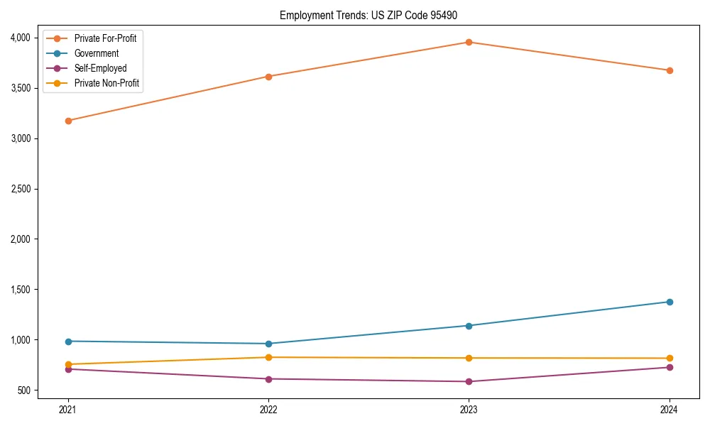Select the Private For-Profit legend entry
click(x=105, y=38)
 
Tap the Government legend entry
click(x=96, y=53)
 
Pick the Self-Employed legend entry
click(x=100, y=68)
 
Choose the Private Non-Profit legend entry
click(x=106, y=83)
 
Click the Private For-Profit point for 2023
click(x=469, y=42)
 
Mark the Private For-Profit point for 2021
click(x=68, y=121)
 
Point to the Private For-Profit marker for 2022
click(x=268, y=77)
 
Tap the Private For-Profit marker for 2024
click(x=670, y=70)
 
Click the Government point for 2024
click(x=670, y=302)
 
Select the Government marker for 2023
click(x=469, y=326)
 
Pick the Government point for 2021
click(x=68, y=342)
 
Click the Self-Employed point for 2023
click(x=469, y=381)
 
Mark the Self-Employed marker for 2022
click(x=268, y=379)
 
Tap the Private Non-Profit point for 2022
click(x=268, y=357)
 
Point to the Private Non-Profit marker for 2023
click(x=469, y=358)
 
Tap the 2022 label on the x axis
click(x=268, y=409)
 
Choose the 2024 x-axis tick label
click(x=670, y=409)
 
